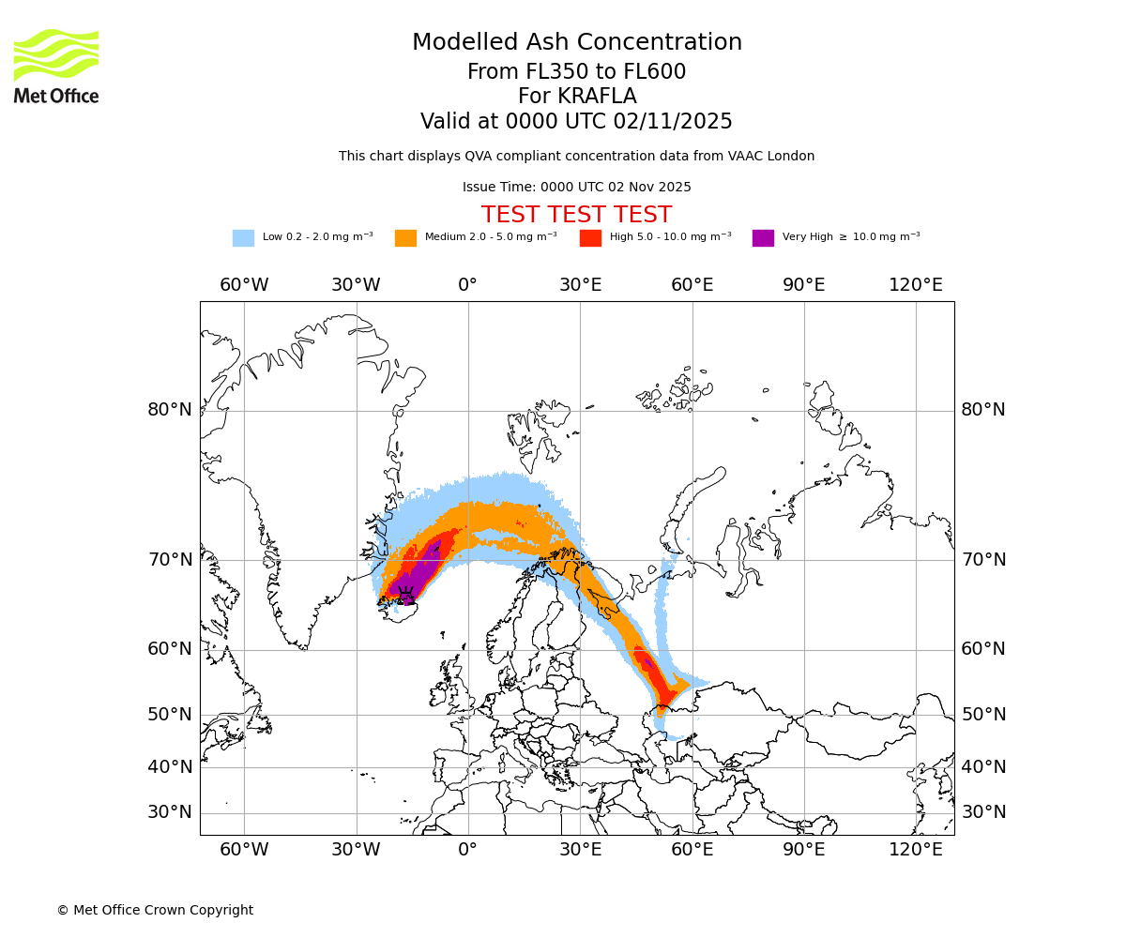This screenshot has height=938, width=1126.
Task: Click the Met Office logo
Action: pyautogui.click(x=56, y=66)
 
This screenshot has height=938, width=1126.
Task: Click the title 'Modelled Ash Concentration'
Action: pyautogui.click(x=577, y=43)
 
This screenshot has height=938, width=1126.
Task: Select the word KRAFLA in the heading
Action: pyautogui.click(x=598, y=97)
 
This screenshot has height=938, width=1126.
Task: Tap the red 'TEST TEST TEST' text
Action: pyautogui.click(x=576, y=215)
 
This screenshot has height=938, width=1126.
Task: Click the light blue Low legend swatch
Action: pyautogui.click(x=243, y=238)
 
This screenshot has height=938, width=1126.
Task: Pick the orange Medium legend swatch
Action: pyautogui.click(x=405, y=238)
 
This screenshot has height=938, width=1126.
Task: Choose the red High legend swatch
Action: pyautogui.click(x=590, y=238)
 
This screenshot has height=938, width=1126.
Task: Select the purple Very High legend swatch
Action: pyautogui.click(x=763, y=238)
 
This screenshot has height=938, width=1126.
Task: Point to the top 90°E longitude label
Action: pyautogui.click(x=804, y=285)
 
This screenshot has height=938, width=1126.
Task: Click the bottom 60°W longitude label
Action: pyautogui.click(x=244, y=850)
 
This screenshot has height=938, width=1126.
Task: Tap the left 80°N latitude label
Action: pyautogui.click(x=170, y=410)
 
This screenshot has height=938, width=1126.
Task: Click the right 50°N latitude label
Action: pyautogui.click(x=982, y=715)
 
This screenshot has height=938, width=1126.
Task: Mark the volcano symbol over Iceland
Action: pyautogui.click(x=406, y=595)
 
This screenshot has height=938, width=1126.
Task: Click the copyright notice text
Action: pyautogui.click(x=155, y=911)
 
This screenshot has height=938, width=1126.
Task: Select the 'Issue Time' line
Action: pyautogui.click(x=576, y=188)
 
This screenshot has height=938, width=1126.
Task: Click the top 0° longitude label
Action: pyautogui.click(x=467, y=285)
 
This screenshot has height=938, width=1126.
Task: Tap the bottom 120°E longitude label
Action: pyautogui.click(x=916, y=850)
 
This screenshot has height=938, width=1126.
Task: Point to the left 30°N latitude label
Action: pyautogui.click(x=170, y=812)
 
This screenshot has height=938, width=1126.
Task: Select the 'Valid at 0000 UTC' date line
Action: pyautogui.click(x=576, y=122)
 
